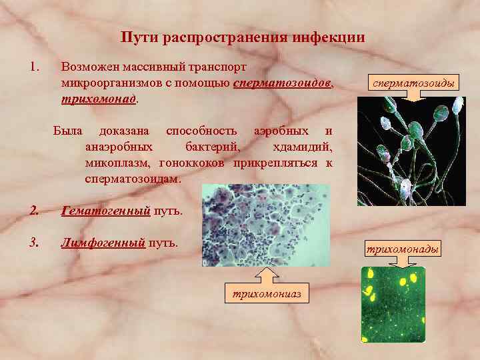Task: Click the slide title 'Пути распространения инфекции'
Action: [x=243, y=37]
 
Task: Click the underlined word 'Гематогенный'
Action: [x=105, y=212]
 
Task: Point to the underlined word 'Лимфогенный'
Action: [x=103, y=242]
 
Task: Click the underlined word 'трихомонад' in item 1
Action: [x=98, y=99]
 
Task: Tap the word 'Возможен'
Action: [x=85, y=67]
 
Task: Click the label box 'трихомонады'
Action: [x=401, y=249]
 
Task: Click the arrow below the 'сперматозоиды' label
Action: [x=415, y=96]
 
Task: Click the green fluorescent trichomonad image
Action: [x=393, y=304]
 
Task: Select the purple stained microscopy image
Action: [x=265, y=225]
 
